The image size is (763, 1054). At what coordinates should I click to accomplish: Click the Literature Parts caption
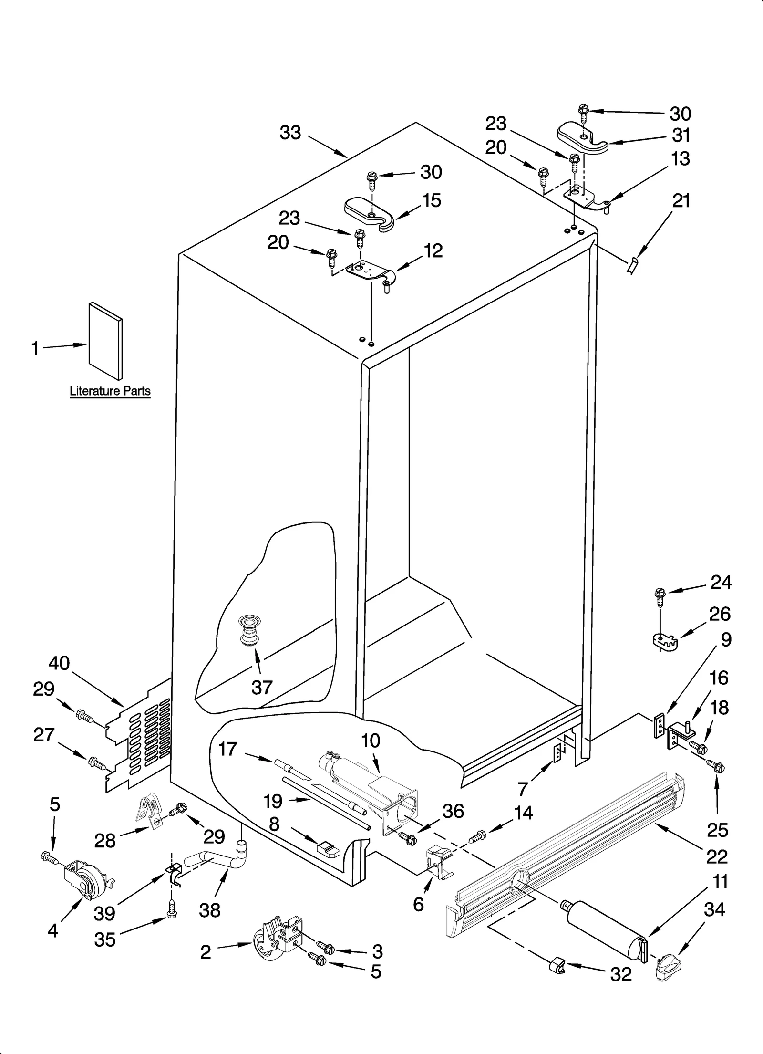[110, 391]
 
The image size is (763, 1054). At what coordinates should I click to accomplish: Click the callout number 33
[290, 133]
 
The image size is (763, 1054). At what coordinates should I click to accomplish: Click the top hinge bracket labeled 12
[370, 273]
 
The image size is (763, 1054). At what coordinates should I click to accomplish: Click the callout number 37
[262, 688]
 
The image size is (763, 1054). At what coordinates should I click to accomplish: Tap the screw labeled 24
[659, 596]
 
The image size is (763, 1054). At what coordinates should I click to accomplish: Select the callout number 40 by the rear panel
[59, 663]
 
